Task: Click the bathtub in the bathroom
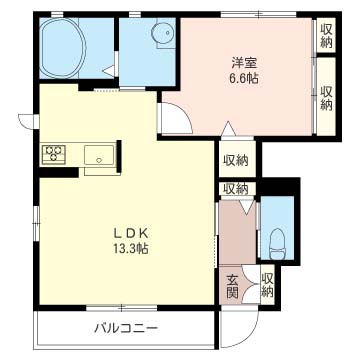63,48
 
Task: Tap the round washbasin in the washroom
163,33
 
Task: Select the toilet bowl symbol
278,244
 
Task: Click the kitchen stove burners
53,154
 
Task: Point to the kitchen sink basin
99,155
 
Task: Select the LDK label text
131,234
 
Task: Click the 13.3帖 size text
131,249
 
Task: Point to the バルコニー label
126,329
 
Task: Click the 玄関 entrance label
232,286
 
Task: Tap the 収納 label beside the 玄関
267,285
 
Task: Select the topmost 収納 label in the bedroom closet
327,36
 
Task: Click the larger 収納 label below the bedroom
236,160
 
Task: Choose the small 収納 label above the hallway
236,189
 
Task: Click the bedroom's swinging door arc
184,113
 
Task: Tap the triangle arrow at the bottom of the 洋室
228,129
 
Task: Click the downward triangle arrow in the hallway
247,207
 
